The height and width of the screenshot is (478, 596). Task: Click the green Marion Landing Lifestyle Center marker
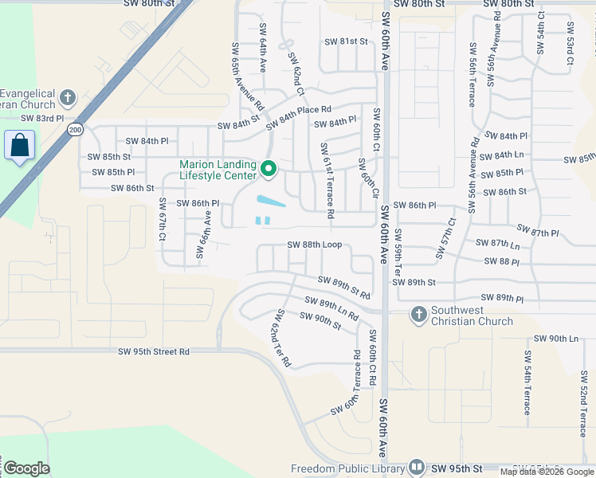(x=269, y=169)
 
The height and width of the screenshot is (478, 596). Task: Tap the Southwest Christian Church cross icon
(x=419, y=315)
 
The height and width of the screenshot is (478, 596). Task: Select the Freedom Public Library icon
(x=417, y=468)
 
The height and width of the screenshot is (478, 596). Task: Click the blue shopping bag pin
(x=19, y=147)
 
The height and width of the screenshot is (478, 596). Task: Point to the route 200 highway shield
(x=75, y=129)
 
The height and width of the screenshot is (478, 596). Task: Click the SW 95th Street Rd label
(x=154, y=351)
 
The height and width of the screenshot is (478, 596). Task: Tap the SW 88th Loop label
(x=314, y=245)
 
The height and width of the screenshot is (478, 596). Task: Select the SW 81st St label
(x=346, y=41)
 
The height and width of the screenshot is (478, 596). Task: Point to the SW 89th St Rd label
(x=343, y=287)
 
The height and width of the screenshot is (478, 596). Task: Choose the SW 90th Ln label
(x=555, y=339)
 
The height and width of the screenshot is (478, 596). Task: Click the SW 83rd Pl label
(x=41, y=118)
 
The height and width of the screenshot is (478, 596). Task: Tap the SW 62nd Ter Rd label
(x=284, y=339)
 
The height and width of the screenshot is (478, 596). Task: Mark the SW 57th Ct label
(x=445, y=238)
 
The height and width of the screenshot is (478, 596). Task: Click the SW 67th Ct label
(x=162, y=220)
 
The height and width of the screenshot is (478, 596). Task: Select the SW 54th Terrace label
(x=527, y=382)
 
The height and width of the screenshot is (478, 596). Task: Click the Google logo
(x=26, y=468)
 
